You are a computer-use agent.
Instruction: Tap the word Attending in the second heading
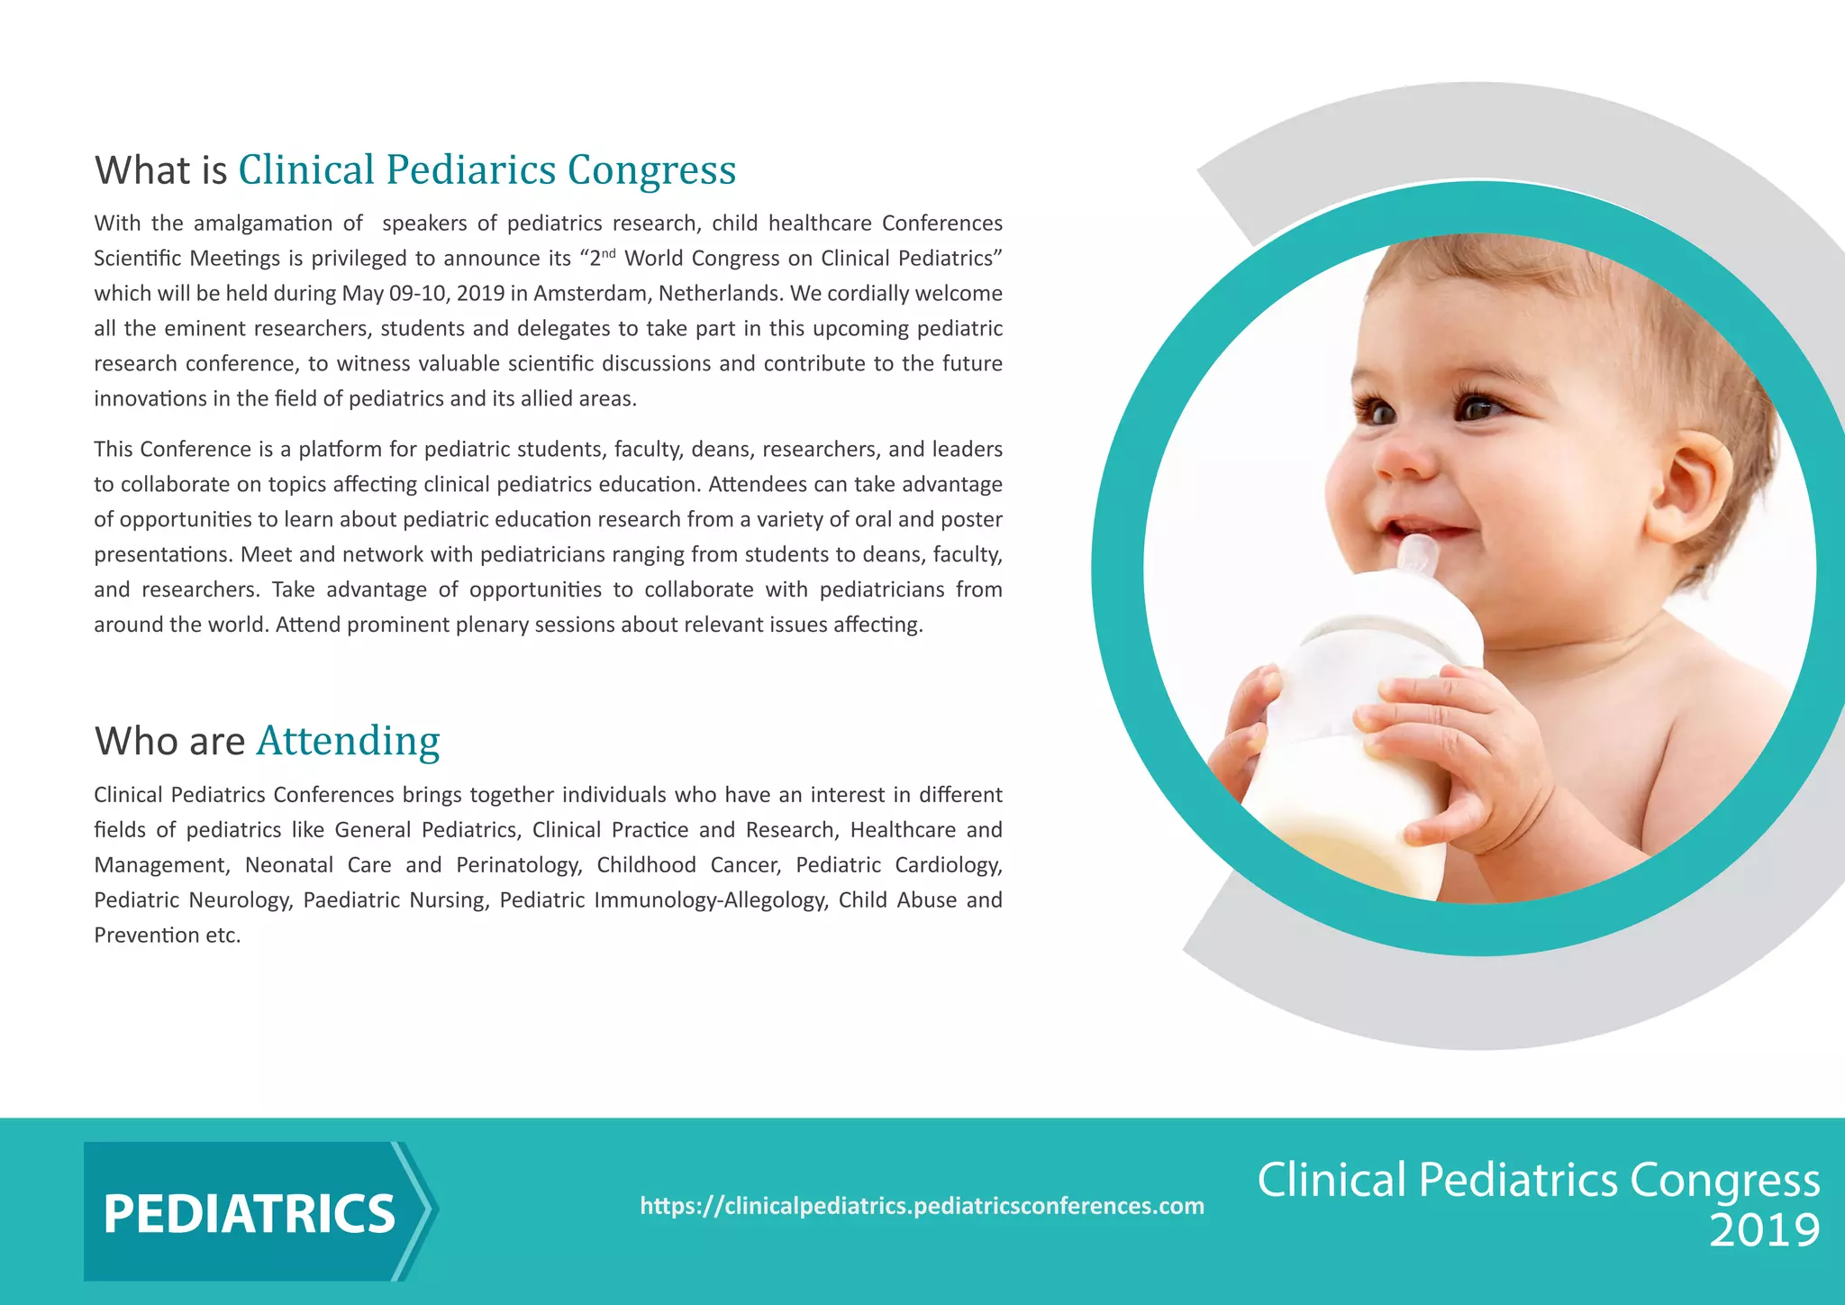(x=348, y=741)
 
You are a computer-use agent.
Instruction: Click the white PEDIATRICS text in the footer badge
(x=249, y=1213)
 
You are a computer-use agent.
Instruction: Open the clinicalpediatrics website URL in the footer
(x=922, y=1206)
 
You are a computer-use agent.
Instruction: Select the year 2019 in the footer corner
(x=1764, y=1231)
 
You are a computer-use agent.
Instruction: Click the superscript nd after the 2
(x=609, y=253)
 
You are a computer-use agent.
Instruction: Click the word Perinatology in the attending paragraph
(x=518, y=865)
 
